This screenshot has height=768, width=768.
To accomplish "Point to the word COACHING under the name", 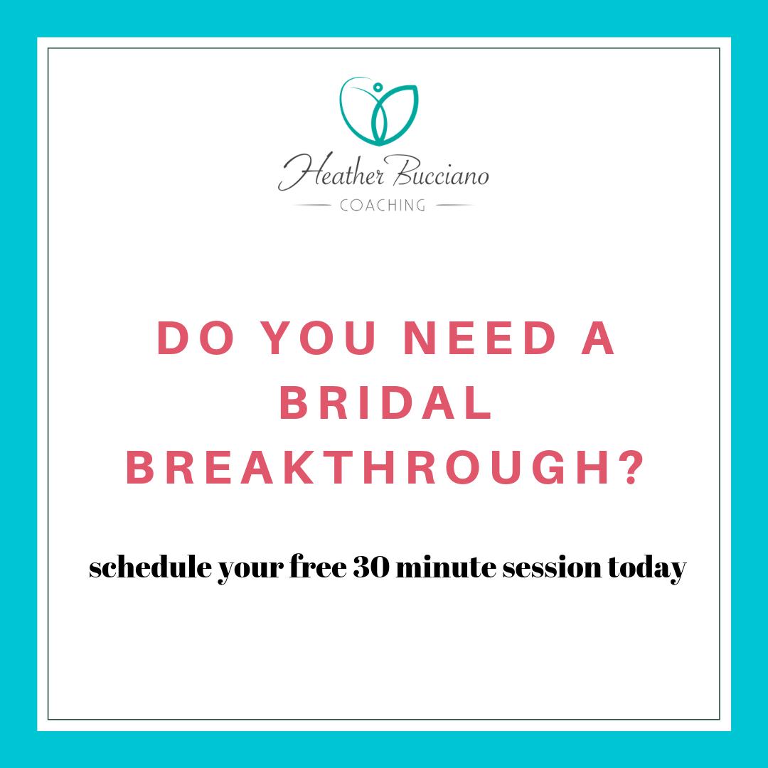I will [x=383, y=206].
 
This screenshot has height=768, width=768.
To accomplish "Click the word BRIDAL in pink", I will [x=385, y=405].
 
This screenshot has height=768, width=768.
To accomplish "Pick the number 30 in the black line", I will [x=368, y=568].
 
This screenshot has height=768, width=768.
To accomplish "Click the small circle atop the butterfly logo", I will [x=378, y=87].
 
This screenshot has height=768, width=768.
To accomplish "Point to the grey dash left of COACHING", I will [x=312, y=206].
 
